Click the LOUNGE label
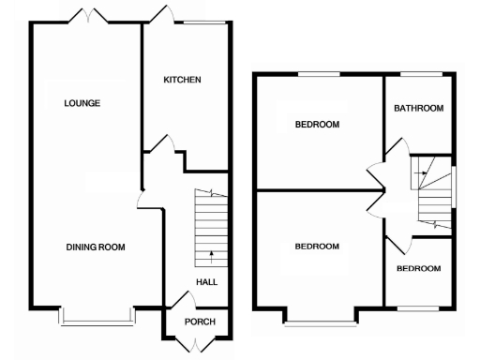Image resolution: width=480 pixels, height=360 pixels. tap(82, 103)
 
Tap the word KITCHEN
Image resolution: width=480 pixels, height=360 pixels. tap(183, 81)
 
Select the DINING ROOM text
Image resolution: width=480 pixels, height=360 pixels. tap(96, 247)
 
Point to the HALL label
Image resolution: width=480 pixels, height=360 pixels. tap(207, 282)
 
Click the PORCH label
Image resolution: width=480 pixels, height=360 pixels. tap(199, 322)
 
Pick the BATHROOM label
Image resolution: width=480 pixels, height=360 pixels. tap(418, 109)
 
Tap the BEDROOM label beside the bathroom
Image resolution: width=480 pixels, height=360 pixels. tap(317, 125)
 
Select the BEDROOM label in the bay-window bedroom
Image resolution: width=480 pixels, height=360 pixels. tap(317, 247)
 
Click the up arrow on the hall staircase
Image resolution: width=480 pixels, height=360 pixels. tap(211, 253)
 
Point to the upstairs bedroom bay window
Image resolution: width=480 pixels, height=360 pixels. tap(322, 322)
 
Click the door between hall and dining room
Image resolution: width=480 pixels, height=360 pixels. tap(140, 199)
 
